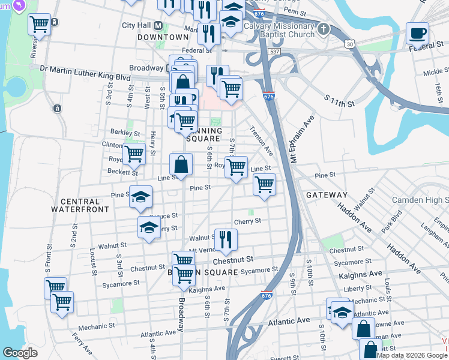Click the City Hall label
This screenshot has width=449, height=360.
tap(137, 25)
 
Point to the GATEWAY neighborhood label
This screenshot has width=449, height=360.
tap(327, 195)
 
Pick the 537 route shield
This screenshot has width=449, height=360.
tap(274, 52)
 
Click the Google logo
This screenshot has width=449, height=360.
tap(20, 353)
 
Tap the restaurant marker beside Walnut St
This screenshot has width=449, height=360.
tap(226, 239)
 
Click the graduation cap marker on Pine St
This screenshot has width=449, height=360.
tap(140, 197)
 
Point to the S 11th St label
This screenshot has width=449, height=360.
tap(339, 100)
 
